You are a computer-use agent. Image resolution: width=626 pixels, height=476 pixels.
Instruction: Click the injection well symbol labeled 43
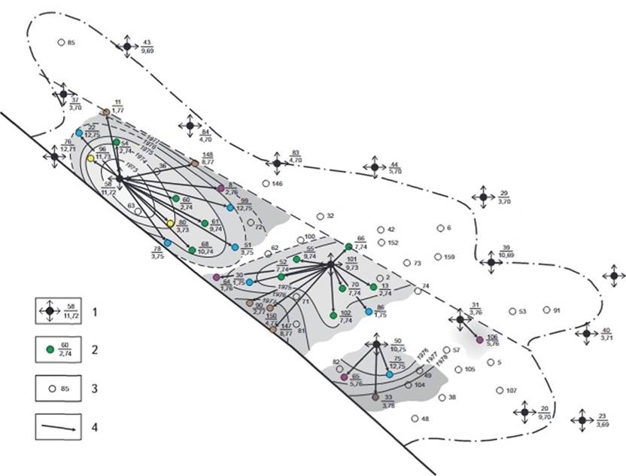(127, 46)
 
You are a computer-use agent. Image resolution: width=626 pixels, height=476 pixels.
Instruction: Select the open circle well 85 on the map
(61, 43)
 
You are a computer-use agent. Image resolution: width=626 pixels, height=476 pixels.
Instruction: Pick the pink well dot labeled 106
(479, 340)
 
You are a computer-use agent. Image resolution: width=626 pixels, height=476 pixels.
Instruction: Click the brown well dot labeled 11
(106, 112)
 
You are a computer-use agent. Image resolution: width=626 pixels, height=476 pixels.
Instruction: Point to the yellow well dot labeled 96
(90, 159)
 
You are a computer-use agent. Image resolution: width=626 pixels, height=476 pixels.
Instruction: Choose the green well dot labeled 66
(348, 246)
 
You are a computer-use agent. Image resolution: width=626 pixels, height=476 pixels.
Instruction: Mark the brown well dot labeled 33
(375, 396)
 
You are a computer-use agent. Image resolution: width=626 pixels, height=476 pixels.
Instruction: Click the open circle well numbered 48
(415, 419)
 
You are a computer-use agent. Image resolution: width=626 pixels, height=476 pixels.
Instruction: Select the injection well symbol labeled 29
(483, 197)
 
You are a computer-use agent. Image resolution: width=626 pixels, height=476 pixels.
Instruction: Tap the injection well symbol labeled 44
(374, 167)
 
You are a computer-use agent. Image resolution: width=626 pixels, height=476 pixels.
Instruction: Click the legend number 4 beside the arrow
(95, 427)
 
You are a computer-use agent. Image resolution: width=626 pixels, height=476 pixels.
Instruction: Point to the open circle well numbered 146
(266, 183)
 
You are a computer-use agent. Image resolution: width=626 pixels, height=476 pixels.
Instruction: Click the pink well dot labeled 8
(220, 188)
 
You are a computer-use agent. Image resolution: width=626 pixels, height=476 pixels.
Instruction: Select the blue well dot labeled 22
(79, 133)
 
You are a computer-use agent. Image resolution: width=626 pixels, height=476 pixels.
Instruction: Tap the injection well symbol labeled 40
(587, 334)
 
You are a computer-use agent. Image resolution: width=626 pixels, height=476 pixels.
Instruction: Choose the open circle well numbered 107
(500, 390)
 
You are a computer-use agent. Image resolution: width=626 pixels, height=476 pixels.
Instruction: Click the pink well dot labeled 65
(344, 377)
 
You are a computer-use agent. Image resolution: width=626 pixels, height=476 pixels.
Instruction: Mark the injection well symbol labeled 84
(190, 125)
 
